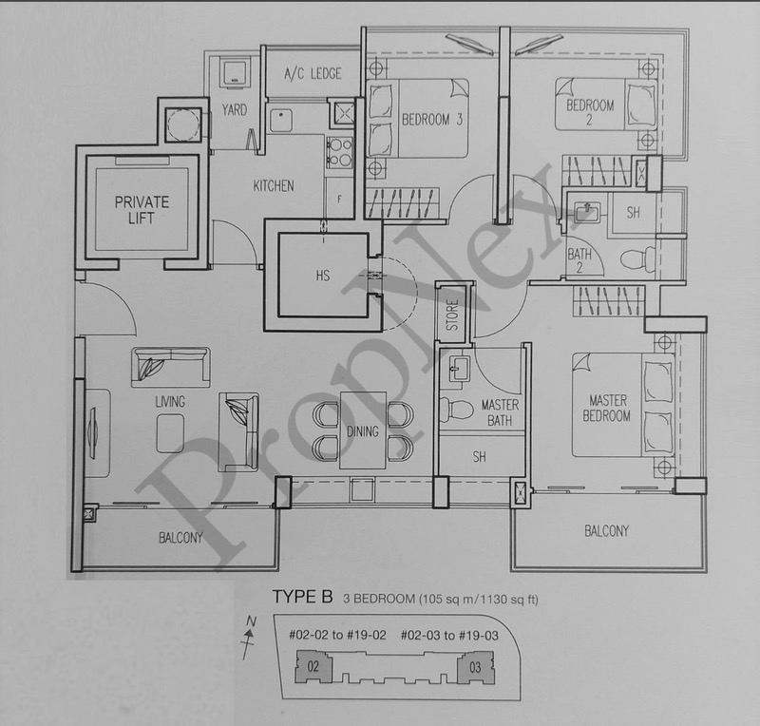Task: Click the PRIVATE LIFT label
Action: click(142, 210)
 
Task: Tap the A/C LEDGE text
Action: click(313, 74)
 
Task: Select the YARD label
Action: click(235, 110)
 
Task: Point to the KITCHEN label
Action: click(274, 185)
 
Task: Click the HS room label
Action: click(322, 276)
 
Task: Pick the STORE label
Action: click(452, 315)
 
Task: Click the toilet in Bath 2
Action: click(637, 259)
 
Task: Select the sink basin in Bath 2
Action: click(587, 212)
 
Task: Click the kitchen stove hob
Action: click(339, 153)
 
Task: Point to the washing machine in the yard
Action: click(235, 74)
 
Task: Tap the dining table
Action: click(363, 430)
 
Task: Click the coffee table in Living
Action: click(170, 433)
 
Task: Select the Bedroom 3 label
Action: click(432, 120)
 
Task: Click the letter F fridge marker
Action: click(339, 200)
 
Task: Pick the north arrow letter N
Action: click(251, 621)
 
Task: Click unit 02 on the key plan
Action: click(313, 667)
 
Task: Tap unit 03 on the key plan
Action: click(476, 668)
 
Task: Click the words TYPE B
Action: click(302, 597)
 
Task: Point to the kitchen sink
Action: click(281, 121)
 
